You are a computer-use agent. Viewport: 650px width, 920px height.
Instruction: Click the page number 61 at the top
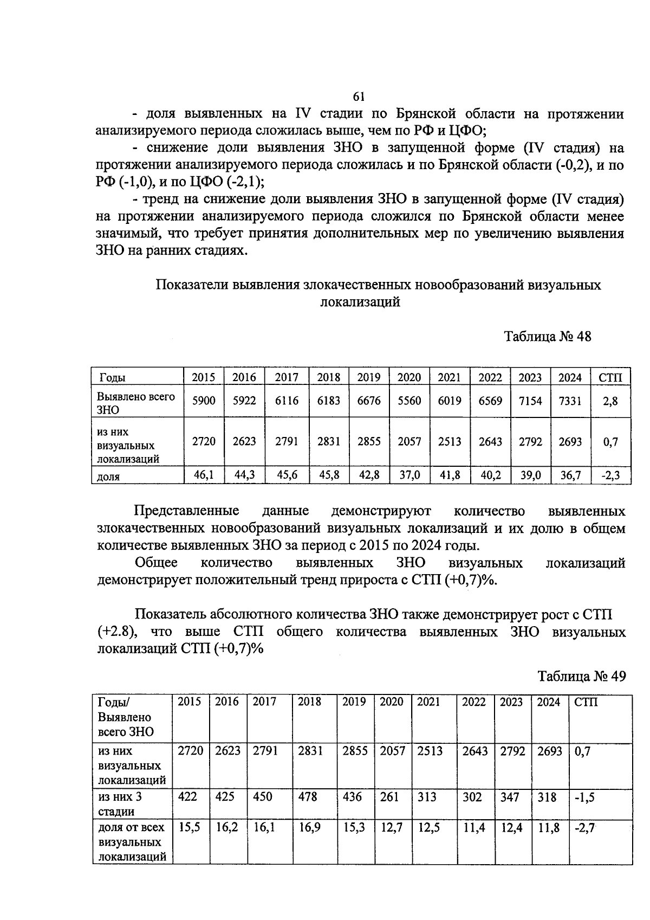pyautogui.click(x=359, y=96)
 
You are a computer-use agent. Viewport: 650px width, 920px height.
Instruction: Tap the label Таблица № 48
pyautogui.click(x=548, y=337)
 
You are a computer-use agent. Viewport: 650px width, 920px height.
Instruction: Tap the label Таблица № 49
pyautogui.click(x=581, y=676)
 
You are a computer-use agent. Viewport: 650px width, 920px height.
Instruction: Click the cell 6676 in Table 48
pyautogui.click(x=368, y=401)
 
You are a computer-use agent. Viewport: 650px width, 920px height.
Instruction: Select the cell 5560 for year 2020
pyautogui.click(x=409, y=401)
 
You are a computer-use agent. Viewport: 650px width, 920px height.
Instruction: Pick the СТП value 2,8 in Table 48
pyautogui.click(x=610, y=401)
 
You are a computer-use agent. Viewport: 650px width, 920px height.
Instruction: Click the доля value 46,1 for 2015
pyautogui.click(x=204, y=475)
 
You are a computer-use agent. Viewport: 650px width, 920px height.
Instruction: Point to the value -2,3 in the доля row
pyautogui.click(x=610, y=475)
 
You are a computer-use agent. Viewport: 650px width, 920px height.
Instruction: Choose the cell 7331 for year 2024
pyautogui.click(x=570, y=401)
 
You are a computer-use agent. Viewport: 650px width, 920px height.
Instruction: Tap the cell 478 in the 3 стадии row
pyautogui.click(x=308, y=797)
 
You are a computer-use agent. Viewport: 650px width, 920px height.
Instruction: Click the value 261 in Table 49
pyautogui.click(x=389, y=797)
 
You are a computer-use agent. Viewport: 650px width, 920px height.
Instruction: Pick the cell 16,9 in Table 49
pyautogui.click(x=309, y=828)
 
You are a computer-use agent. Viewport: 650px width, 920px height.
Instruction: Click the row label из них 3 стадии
pyautogui.click(x=121, y=804)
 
